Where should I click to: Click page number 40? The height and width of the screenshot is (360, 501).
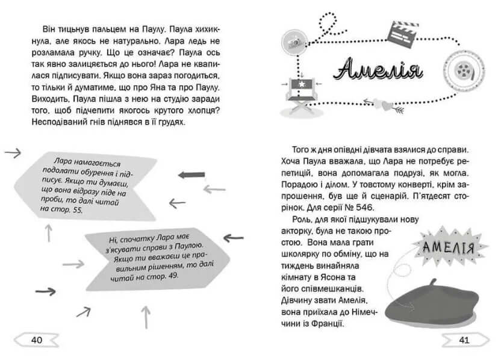(36, 340)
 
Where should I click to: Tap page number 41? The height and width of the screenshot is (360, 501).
(464, 340)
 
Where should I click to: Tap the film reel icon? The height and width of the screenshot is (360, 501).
(462, 67)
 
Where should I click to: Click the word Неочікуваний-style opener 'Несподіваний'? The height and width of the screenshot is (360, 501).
(53, 122)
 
